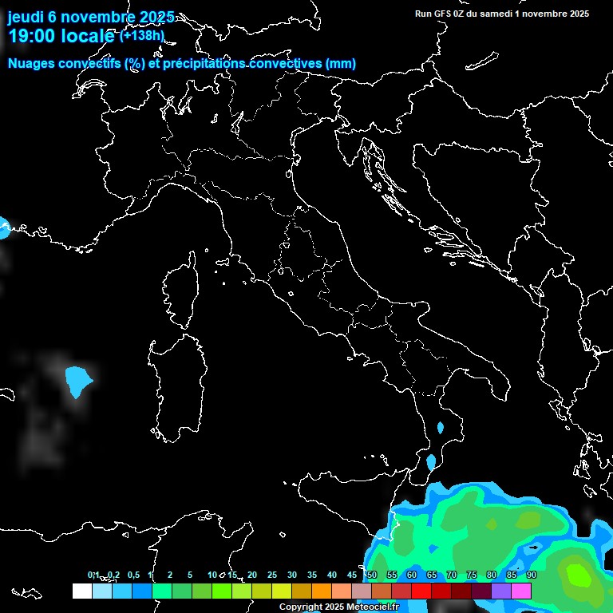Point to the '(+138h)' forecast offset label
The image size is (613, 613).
coord(142,35)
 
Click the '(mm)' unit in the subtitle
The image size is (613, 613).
coord(341,63)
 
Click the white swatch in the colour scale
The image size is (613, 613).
coord(81,591)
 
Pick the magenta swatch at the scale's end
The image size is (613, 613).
coord(521,591)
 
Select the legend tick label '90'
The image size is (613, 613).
coord(532,575)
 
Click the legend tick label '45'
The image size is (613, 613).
coord(352,575)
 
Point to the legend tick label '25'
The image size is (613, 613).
coord(272,575)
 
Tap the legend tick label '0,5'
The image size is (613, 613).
coord(132,575)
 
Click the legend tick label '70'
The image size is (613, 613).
coord(452,575)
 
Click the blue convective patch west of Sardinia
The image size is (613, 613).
coord(77,381)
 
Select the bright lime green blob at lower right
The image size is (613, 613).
coord(575,573)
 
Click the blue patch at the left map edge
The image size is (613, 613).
coord(3,227)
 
